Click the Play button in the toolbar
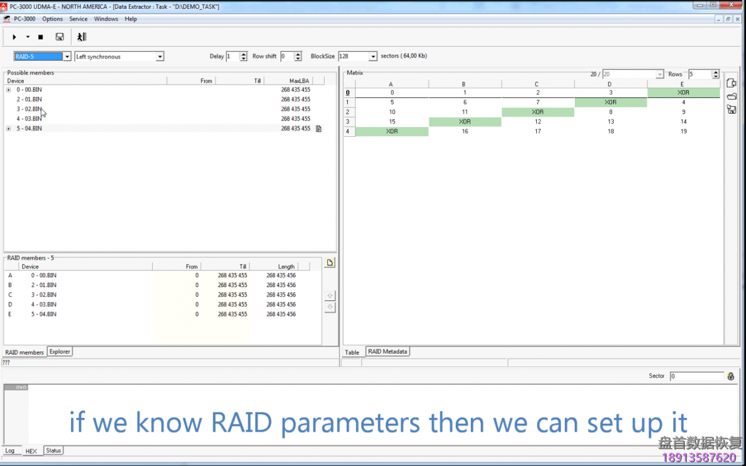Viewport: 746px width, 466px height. tap(15, 37)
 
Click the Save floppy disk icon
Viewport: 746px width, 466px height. tap(59, 37)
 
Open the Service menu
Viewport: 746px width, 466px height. tap(78, 19)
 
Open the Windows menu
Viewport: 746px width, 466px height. tap(106, 19)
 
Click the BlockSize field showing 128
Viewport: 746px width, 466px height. tap(353, 57)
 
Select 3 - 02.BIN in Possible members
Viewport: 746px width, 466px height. tap(29, 109)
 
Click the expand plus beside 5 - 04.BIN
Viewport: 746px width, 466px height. tap(9, 128)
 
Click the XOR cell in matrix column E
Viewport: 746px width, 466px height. tap(683, 93)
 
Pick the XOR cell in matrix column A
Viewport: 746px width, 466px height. tap(392, 132)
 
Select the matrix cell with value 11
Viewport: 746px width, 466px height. tap(465, 112)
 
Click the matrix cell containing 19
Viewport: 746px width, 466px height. tap(683, 132)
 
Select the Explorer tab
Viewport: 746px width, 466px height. tap(59, 352)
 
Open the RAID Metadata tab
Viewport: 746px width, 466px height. tap(388, 352)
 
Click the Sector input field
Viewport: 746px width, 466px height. tap(696, 376)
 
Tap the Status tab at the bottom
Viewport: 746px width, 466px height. tap(54, 451)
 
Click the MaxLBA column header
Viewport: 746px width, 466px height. tap(300, 81)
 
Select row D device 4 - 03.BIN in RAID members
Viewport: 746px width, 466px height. tap(44, 305)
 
